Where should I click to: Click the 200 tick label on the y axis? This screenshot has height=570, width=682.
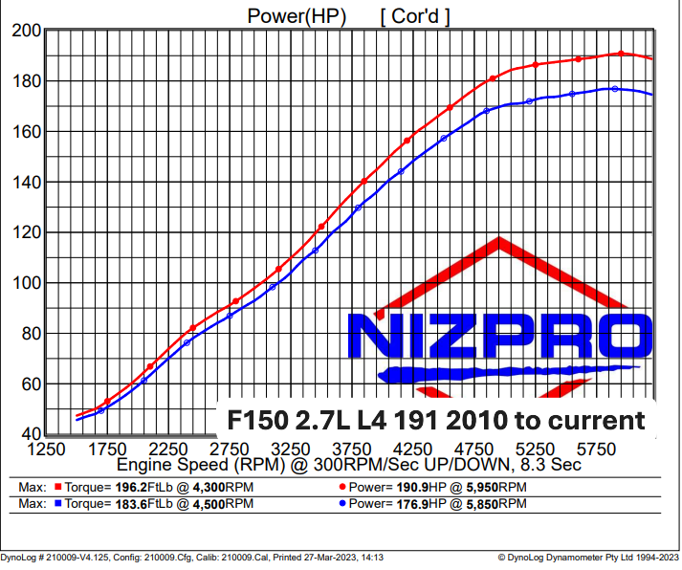[x=26, y=31]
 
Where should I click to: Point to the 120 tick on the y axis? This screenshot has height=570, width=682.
[x=26, y=232]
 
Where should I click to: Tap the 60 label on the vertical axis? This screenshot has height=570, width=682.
[x=31, y=384]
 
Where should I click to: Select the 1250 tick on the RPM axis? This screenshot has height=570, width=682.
[x=46, y=449]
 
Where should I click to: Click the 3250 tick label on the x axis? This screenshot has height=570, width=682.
[x=291, y=449]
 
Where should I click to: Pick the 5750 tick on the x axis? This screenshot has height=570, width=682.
[x=597, y=449]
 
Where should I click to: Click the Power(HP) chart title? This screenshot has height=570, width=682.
[x=297, y=16]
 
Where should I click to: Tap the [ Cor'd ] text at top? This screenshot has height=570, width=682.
[x=415, y=17]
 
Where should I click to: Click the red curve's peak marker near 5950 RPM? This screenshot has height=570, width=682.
[x=621, y=54]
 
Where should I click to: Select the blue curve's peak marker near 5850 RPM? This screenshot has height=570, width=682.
[x=615, y=89]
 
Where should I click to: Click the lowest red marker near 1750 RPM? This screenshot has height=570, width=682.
[x=107, y=402]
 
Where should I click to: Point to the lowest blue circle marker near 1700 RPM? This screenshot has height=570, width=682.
[x=101, y=410]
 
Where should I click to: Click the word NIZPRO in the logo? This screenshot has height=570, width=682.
[x=500, y=336]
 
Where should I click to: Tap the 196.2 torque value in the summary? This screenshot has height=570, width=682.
[x=131, y=488]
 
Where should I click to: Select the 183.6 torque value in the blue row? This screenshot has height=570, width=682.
[x=131, y=504]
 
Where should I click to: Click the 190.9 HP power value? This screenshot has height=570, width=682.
[x=412, y=488]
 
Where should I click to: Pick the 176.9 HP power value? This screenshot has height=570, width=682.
[x=412, y=504]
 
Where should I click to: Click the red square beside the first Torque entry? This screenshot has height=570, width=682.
[x=57, y=487]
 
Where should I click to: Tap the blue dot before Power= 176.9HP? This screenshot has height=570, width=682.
[x=342, y=504]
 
